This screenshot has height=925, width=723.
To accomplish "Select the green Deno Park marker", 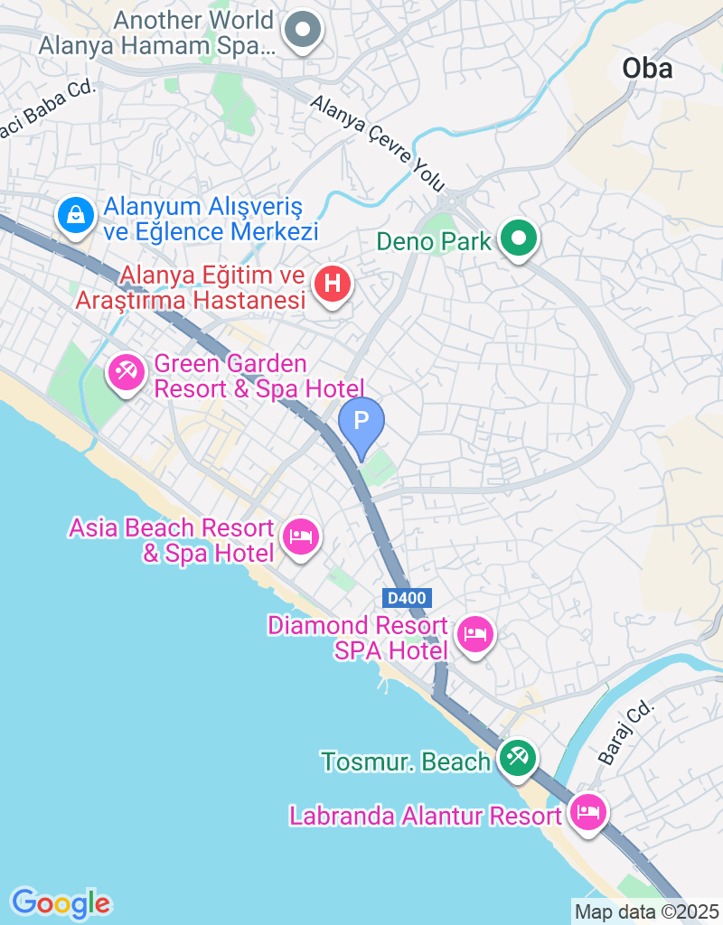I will [x=519, y=240].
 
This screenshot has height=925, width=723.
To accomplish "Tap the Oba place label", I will [x=647, y=68].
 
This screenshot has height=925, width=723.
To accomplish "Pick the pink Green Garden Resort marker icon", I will [x=126, y=371].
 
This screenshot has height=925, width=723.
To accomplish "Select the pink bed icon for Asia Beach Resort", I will [x=299, y=537].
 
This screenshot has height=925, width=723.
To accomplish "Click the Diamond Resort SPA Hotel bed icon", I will [x=474, y=633].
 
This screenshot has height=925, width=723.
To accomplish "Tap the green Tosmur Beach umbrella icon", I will [x=517, y=757].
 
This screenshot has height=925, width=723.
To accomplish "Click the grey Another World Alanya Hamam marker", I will [x=303, y=31].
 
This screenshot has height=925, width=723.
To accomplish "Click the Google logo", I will [x=61, y=902].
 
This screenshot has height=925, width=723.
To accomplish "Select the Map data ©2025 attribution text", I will [x=646, y=911].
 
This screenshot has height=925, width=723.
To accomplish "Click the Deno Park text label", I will [x=434, y=241].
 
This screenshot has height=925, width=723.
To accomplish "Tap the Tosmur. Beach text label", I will [x=406, y=761].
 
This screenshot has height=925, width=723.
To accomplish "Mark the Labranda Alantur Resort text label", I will [x=425, y=816].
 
